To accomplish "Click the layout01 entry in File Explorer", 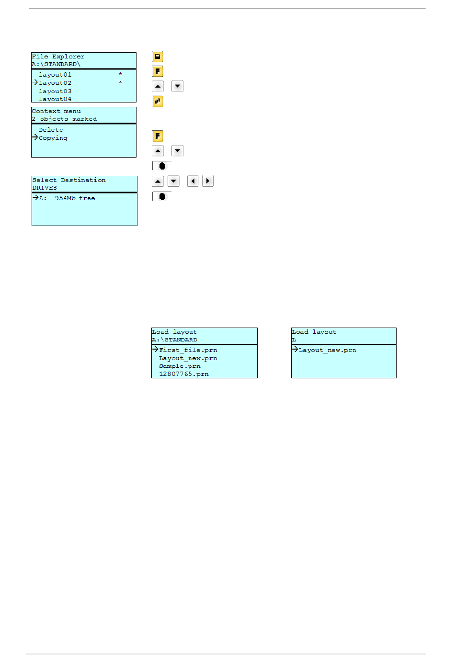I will click(55, 75).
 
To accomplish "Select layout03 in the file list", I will click(55, 91).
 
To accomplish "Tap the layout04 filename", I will click(55, 99).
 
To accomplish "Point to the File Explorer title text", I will click(58, 57).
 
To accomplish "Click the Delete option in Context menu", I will click(51, 130).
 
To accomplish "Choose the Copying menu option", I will click(53, 138).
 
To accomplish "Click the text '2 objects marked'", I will click(64, 119).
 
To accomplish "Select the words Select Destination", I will click(69, 180).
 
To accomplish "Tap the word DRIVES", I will click(45, 188).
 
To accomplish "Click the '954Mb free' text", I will click(75, 198).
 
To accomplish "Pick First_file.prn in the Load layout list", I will click(188, 350).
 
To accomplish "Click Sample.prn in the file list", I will click(180, 366).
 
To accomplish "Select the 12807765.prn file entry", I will click(183, 374).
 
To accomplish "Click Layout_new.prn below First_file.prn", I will click(188, 358).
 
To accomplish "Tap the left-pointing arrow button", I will click(193, 181).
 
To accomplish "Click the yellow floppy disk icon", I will click(158, 57).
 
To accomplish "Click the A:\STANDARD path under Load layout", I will click(174, 340).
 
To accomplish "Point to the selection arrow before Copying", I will click(35, 137).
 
